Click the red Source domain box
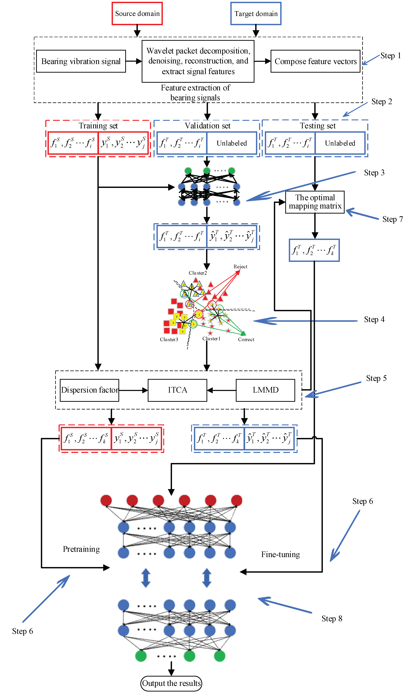pyautogui.click(x=137, y=13)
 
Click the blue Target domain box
pyautogui.click(x=256, y=13)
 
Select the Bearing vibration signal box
pyautogui.click(x=81, y=61)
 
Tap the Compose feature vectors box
pyautogui.click(x=315, y=61)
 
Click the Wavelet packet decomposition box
pyautogui.click(x=198, y=61)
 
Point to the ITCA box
pyautogui.click(x=177, y=390)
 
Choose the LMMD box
pyautogui.click(x=266, y=390)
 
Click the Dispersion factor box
pyautogui.click(x=89, y=390)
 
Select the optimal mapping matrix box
pyautogui.click(x=315, y=202)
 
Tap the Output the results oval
pyautogui.click(x=171, y=683)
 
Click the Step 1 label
pyautogui.click(x=390, y=56)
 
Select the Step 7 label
pyautogui.click(x=392, y=219)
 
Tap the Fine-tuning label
pyautogui.click(x=281, y=554)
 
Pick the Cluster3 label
pyautogui.click(x=169, y=339)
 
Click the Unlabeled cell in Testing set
pyautogui.click(x=340, y=143)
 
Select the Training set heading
pyautogui.click(x=98, y=126)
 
